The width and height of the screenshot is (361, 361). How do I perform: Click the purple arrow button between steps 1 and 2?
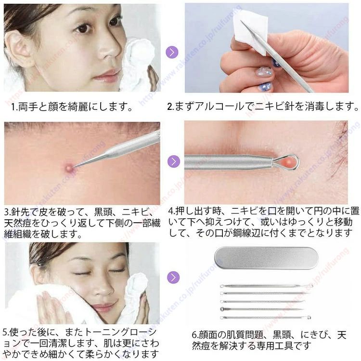[172, 52]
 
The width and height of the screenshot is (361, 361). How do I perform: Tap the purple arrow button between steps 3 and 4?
[174, 161]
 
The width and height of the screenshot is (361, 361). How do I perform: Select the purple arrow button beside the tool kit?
[174, 277]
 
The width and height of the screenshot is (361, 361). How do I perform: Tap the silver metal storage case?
[266, 258]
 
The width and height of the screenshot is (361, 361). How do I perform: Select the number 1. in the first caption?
[14, 107]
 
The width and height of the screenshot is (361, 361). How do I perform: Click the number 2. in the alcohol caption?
[170, 107]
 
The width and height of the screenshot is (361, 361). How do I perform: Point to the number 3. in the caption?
[7, 212]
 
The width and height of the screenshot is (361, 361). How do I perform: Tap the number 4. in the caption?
[172, 211]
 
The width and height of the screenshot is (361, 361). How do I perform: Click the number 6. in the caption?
[195, 334]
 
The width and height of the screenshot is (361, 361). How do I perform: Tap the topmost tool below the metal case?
[266, 286]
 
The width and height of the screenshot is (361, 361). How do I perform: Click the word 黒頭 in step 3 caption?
[103, 212]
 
